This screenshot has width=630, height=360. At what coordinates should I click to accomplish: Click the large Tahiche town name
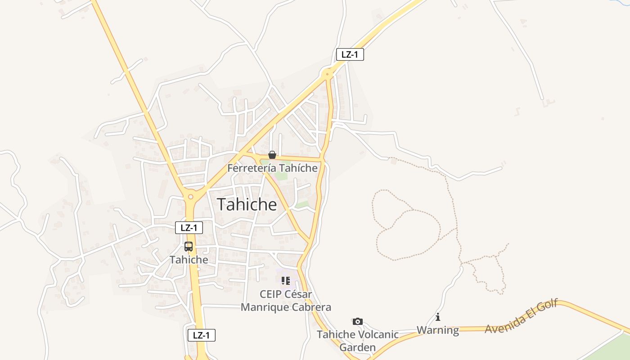(247, 204)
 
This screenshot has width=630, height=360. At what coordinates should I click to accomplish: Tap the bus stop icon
(189, 247)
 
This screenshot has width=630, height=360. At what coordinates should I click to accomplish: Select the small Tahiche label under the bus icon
(189, 260)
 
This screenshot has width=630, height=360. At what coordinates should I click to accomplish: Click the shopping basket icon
(272, 155)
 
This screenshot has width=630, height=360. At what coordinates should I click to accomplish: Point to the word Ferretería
(252, 168)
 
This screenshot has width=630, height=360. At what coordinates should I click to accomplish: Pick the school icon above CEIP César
(285, 281)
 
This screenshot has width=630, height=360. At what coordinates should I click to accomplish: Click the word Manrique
(264, 307)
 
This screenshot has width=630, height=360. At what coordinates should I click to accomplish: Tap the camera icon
(358, 321)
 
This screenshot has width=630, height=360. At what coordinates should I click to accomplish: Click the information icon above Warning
(438, 317)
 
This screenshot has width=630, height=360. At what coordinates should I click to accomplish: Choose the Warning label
(438, 330)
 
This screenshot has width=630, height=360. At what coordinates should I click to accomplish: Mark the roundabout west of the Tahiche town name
(191, 196)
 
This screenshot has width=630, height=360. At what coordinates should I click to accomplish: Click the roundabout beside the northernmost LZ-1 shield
(328, 73)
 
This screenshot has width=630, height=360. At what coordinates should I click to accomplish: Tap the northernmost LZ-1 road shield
(350, 55)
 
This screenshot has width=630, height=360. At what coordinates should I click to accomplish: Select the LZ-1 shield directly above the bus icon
(189, 228)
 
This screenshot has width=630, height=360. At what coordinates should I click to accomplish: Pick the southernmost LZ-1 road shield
(202, 335)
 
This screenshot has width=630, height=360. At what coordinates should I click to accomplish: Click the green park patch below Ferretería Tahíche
(282, 175)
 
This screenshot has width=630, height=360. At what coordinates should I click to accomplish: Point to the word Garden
(357, 347)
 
